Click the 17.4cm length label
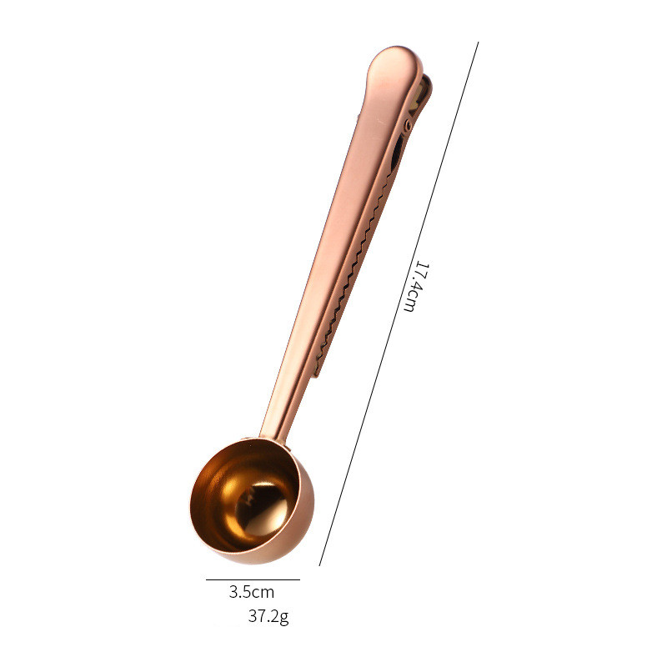point(415,287)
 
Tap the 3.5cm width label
point(252,592)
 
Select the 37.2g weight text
point(268,616)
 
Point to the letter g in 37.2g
point(284,617)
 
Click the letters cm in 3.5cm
point(264,593)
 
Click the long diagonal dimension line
point(399,303)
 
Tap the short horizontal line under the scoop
point(253,579)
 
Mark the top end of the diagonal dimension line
point(479,43)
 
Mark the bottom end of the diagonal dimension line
point(319,566)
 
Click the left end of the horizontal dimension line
point(206,579)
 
